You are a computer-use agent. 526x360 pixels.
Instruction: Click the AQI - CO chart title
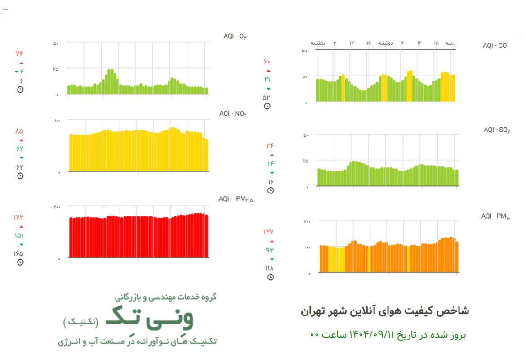pos(495,45)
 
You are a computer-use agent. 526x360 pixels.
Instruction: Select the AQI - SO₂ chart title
pos(497,130)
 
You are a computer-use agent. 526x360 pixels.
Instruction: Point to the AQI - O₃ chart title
pos(235,36)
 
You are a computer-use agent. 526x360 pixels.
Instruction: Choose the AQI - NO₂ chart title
pos(233,113)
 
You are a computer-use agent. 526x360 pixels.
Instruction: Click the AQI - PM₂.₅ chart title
pos(236,199)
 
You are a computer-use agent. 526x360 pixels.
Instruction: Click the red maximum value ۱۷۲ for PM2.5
pos(18,217)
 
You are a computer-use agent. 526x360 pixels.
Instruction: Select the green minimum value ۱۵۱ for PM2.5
pos(18,235)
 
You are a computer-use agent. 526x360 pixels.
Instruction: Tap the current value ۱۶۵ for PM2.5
pos(18,253)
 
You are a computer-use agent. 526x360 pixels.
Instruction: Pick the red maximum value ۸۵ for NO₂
pos(18,131)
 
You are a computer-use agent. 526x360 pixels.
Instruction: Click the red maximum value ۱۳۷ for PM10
pos(268,232)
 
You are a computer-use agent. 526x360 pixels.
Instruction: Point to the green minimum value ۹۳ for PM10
pos(269,250)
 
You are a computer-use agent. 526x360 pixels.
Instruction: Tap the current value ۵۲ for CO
pos(267,97)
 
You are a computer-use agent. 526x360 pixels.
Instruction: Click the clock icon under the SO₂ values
pos(270,191)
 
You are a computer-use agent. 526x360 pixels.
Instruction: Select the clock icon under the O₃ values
pos(20,90)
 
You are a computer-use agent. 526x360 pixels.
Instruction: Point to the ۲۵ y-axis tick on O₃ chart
pos(56,69)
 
